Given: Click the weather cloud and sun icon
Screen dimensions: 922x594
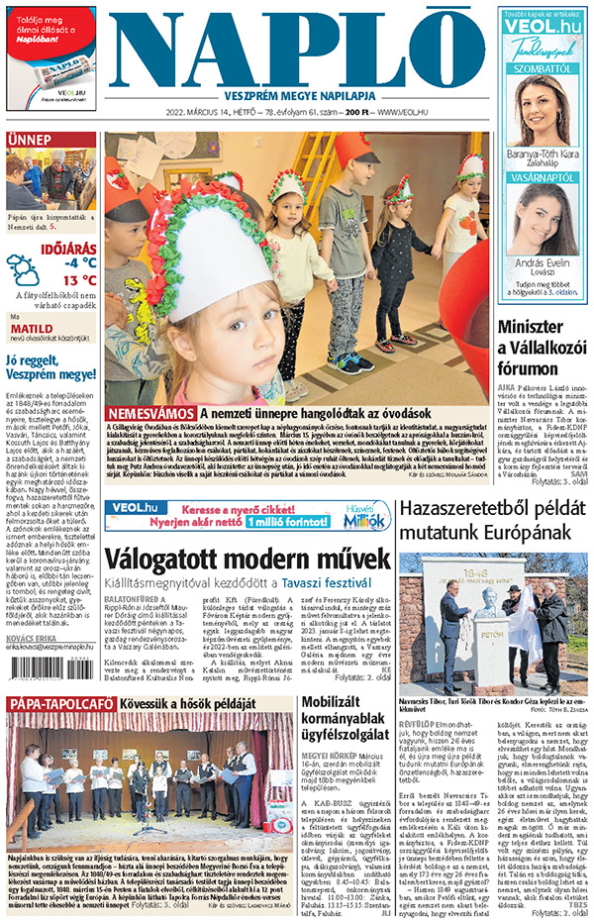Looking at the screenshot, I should point(23,268).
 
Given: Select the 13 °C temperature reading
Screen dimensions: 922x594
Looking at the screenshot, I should point(79,280).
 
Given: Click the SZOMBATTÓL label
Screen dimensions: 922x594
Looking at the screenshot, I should point(544,68).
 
